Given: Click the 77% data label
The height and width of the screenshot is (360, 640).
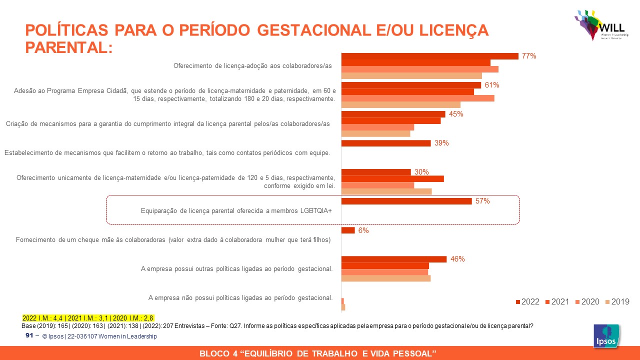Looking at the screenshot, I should pyautogui.click(x=529, y=56).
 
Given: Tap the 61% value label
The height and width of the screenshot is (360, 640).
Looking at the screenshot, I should pyautogui.click(x=492, y=85).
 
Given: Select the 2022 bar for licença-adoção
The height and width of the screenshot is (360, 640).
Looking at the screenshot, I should pyautogui.click(x=429, y=56).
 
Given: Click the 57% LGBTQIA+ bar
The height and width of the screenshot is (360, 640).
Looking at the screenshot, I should pyautogui.click(x=406, y=201).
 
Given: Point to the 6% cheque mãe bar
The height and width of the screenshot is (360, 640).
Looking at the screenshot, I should pyautogui.click(x=348, y=230).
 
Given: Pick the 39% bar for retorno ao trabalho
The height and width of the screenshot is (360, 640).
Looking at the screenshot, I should pyautogui.click(x=386, y=143).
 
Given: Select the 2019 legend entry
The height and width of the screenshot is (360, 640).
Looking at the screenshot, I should pyautogui.click(x=617, y=301).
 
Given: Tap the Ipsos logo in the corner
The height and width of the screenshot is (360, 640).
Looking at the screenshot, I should pyautogui.click(x=606, y=336).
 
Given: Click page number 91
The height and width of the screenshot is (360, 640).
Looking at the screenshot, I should pyautogui.click(x=29, y=336).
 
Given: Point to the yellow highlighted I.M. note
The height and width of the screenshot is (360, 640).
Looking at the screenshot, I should pyautogui.click(x=87, y=317).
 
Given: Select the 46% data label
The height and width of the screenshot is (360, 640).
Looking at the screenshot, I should pyautogui.click(x=457, y=259).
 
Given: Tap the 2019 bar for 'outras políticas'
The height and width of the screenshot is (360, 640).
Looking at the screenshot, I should pyautogui.click(x=385, y=278).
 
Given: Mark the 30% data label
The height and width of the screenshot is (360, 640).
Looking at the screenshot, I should pyautogui.click(x=421, y=172).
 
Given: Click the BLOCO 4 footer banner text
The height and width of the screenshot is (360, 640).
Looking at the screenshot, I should pyautogui.click(x=318, y=353).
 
